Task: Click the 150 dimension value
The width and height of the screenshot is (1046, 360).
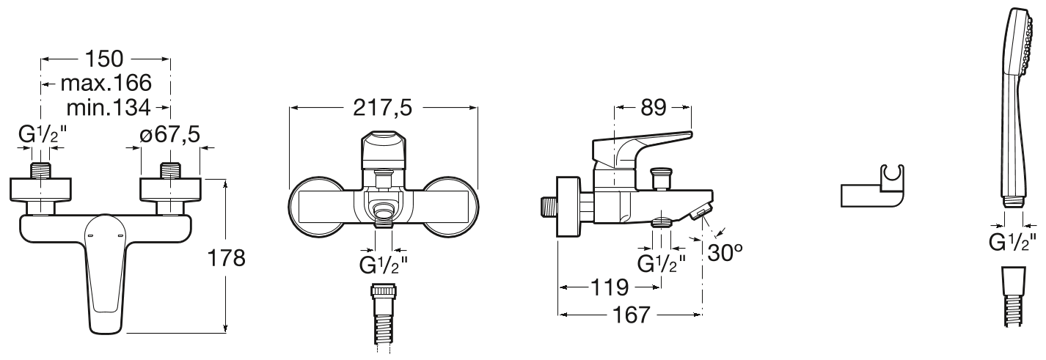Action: coord(104,59)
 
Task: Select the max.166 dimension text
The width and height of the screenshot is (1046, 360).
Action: coord(106,84)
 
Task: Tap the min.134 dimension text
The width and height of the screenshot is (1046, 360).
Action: coord(109,107)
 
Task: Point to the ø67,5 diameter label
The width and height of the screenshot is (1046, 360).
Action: coord(170,135)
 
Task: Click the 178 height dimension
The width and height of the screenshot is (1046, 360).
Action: coord(226,258)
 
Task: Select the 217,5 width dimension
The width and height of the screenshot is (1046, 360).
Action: coord(383,108)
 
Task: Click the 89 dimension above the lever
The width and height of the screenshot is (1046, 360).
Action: coord(653,108)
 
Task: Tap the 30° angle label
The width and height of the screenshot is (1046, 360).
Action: coord(725,253)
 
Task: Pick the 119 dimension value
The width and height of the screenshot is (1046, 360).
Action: coord(610,287)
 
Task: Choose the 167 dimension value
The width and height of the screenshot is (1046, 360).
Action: coord(632,315)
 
